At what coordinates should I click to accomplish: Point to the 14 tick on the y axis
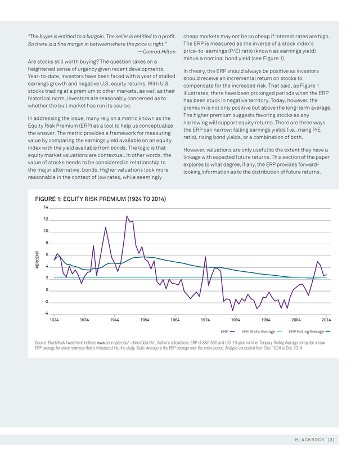(x=46, y=208)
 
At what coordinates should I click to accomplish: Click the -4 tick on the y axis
(x=46, y=313)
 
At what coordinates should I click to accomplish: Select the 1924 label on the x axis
(x=54, y=320)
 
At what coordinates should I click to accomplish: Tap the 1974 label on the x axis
(x=205, y=320)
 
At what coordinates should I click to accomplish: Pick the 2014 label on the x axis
(x=326, y=320)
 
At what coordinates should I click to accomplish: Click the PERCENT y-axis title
(x=37, y=259)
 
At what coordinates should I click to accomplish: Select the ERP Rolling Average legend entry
(x=309, y=331)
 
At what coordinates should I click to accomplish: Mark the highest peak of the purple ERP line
(x=127, y=216)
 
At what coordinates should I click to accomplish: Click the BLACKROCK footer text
(x=309, y=440)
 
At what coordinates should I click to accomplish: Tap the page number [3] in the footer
(x=331, y=440)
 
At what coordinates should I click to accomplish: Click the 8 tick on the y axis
(x=47, y=243)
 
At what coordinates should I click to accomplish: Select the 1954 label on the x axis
(x=145, y=320)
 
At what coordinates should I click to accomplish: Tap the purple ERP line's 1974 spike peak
(x=205, y=257)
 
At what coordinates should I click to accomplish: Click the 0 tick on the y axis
(x=47, y=290)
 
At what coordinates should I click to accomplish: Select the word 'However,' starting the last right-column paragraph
(x=193, y=150)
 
